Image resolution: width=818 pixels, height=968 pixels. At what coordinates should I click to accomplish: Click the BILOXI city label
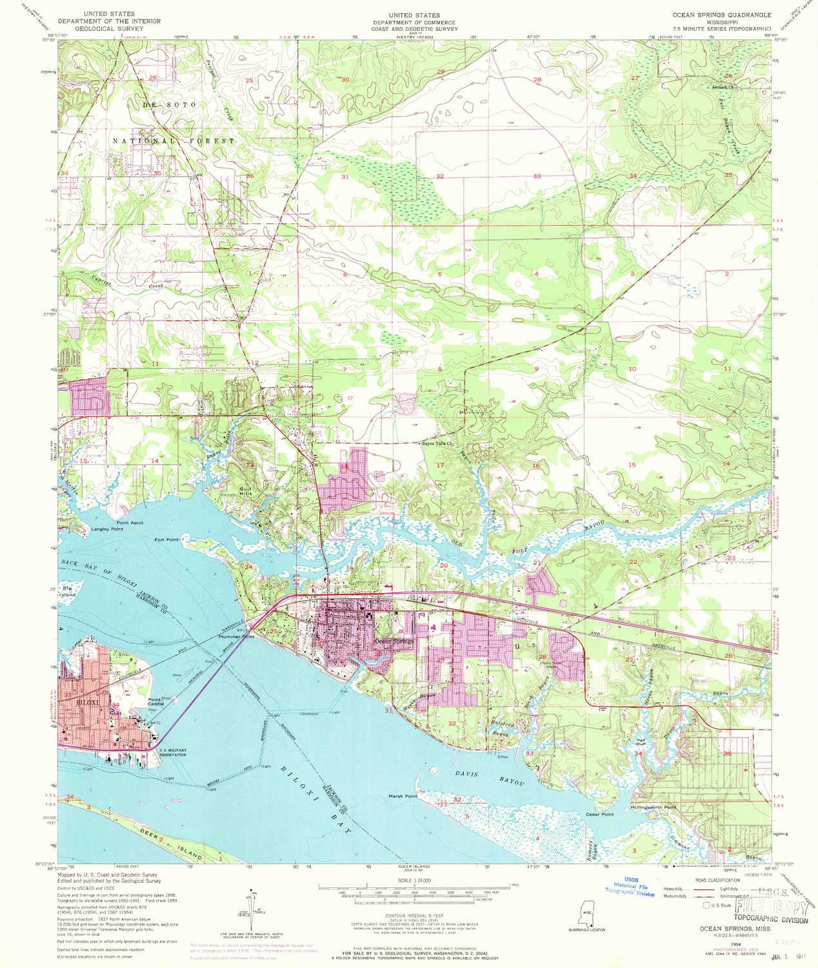86,699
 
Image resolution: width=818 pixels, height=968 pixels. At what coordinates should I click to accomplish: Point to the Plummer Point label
237,637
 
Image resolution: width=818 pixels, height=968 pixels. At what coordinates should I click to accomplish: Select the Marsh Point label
403,796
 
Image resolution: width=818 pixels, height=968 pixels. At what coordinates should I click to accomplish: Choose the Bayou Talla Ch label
438,444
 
